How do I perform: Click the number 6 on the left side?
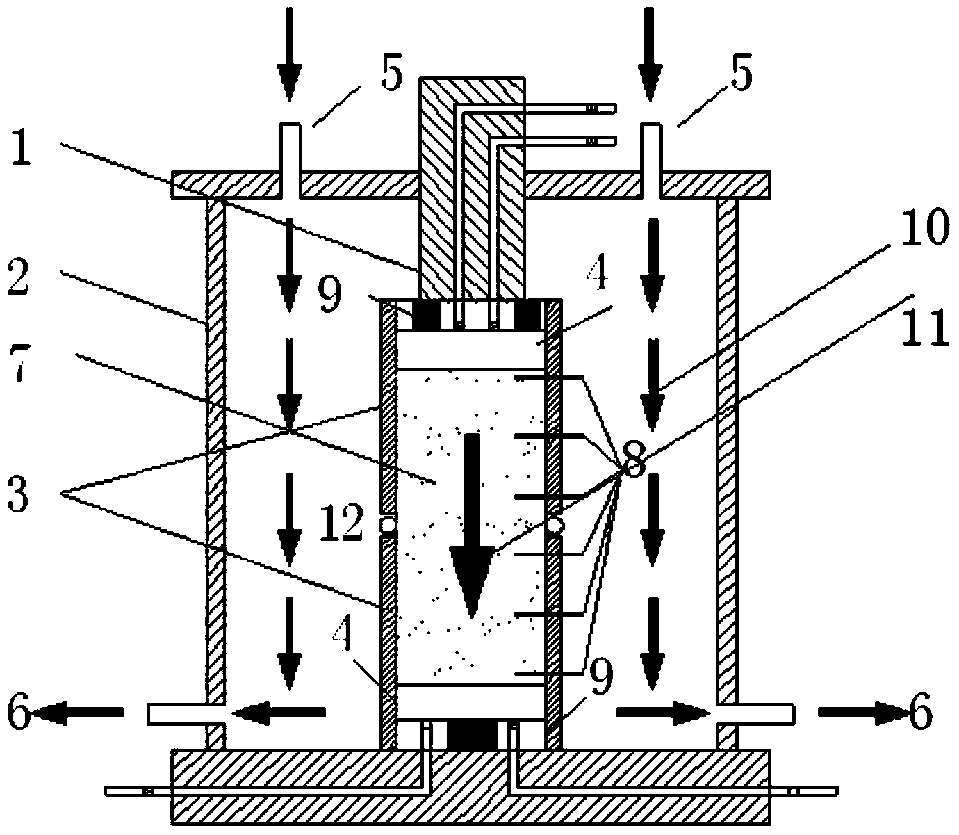click(x=19, y=713)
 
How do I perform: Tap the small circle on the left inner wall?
click(x=388, y=525)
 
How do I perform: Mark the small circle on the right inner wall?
click(x=555, y=525)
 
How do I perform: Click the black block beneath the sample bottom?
click(x=472, y=734)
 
